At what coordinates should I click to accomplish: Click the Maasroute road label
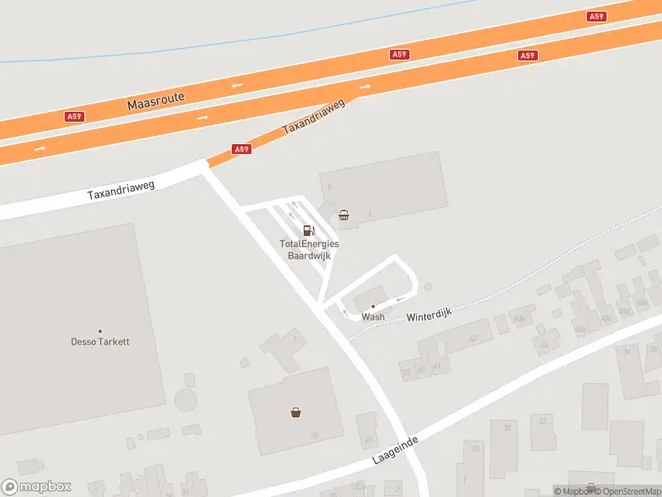pyautogui.click(x=156, y=101)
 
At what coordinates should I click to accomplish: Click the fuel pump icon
pyautogui.click(x=309, y=230)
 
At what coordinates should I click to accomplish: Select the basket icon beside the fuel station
pyautogui.click(x=344, y=215)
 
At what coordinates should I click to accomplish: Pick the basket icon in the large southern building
pyautogui.click(x=295, y=412)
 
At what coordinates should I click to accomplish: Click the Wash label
pyautogui.click(x=373, y=316)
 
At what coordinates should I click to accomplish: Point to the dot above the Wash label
pyautogui.click(x=373, y=306)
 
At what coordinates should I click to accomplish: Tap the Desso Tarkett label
pyautogui.click(x=100, y=341)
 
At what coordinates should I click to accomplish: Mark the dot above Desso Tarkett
pyautogui.click(x=100, y=331)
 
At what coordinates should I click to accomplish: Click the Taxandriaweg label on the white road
pyautogui.click(x=121, y=191)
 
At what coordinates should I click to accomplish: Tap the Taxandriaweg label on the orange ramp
pyautogui.click(x=313, y=118)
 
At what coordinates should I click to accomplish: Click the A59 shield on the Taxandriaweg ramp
pyautogui.click(x=241, y=149)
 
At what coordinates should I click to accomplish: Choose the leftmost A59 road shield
pyautogui.click(x=74, y=117)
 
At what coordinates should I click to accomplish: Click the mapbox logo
pyautogui.click(x=36, y=487)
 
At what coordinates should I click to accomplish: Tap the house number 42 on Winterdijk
pyautogui.click(x=473, y=338)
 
